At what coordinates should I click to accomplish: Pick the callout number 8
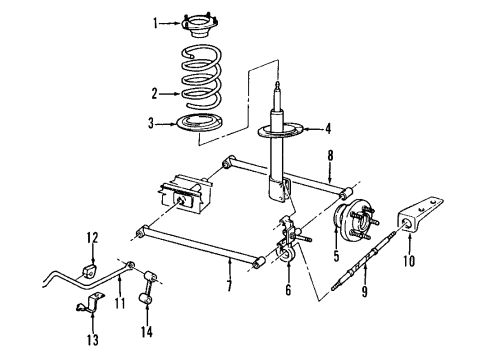329,155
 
